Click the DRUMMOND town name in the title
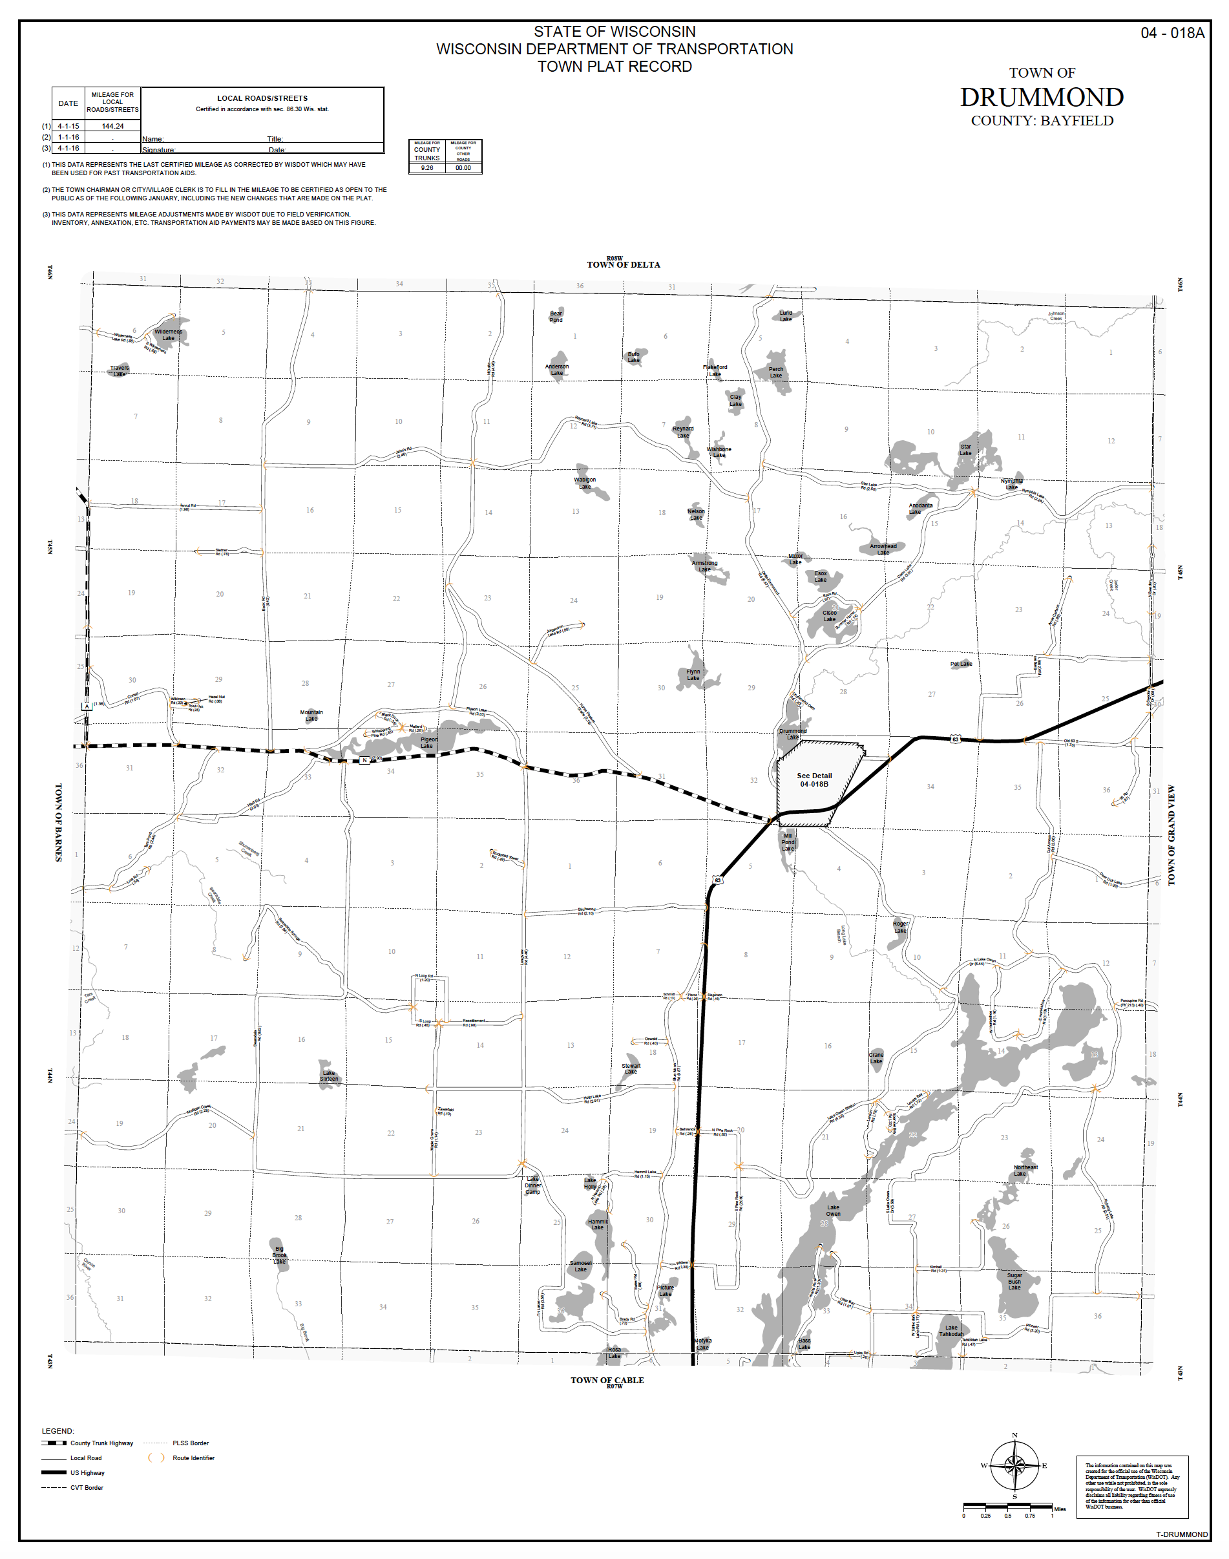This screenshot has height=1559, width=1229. pos(1041,97)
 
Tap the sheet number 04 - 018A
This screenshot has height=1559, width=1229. pos(1171,33)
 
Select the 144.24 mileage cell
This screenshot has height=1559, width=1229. pos(112,126)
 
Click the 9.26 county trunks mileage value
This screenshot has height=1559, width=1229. pos(426,167)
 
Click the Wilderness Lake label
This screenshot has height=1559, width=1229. pos(169,335)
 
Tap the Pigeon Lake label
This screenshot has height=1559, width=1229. pos(428,742)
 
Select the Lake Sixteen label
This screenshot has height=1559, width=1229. pos(329,1076)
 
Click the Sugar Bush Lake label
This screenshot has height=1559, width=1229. pos(1014,1281)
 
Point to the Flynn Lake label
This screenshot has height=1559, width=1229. pos(693,674)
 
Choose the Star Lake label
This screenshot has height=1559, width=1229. pos(965,450)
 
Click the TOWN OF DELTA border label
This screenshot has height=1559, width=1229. pos(623,265)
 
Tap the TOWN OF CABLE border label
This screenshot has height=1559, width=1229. pos(607,1380)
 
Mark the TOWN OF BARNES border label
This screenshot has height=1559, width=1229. pos(58,822)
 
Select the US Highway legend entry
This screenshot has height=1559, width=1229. pos(87,1472)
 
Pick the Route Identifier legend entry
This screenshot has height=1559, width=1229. pos(193,1458)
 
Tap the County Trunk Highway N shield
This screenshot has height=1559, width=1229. pos(365,760)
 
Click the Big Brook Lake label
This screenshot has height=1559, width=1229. pos(279,1255)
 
